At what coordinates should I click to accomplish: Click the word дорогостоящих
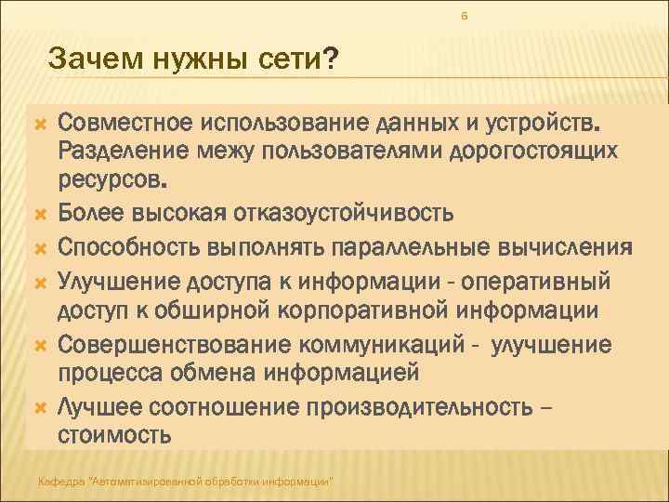tap(569, 150)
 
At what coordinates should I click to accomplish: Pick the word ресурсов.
tap(113, 175)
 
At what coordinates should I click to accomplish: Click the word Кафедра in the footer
tap(58, 481)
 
